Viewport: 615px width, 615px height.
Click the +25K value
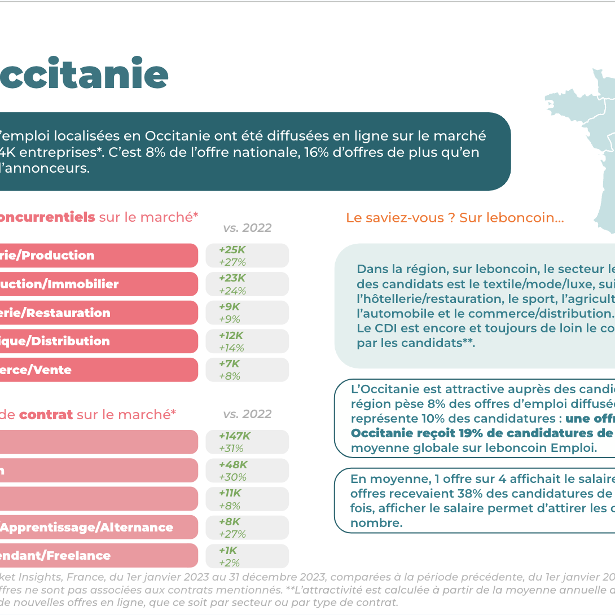pyautogui.click(x=232, y=249)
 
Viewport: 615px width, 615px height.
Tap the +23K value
pyautogui.click(x=232, y=278)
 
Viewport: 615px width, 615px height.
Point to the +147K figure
pyautogui.click(x=235, y=436)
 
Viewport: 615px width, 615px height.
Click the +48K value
pyautogui.click(x=232, y=465)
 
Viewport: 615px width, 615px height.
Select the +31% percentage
pyautogui.click(x=231, y=449)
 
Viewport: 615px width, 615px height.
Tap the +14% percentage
pyautogui.click(x=231, y=348)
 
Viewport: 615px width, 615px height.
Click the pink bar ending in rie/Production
pyautogui.click(x=99, y=256)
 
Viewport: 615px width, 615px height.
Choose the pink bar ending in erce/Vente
pyautogui.click(x=99, y=370)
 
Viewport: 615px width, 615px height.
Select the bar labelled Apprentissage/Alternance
pyautogui.click(x=99, y=528)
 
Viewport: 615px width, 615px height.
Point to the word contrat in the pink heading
pyautogui.click(x=46, y=415)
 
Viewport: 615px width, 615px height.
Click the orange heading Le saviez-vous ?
pyautogui.click(x=401, y=218)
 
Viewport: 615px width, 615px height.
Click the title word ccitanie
pyautogui.click(x=85, y=75)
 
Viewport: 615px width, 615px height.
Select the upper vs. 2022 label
pyautogui.click(x=247, y=228)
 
